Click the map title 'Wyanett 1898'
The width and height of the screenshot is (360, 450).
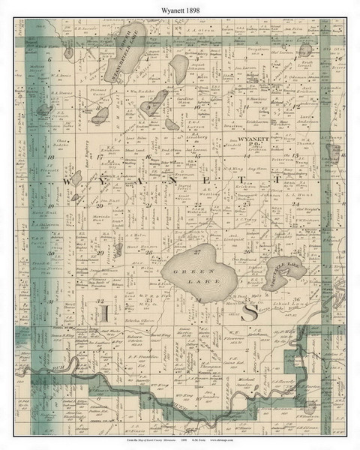tap(179, 9)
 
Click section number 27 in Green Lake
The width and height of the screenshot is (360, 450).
tap(196, 250)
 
